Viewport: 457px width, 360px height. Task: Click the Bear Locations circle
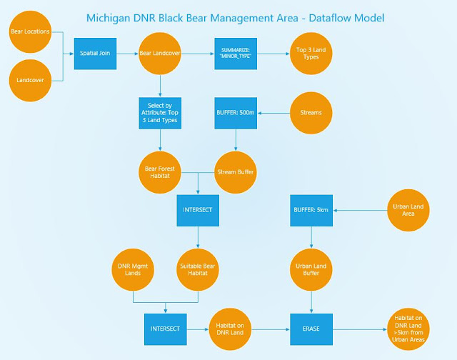point(30,31)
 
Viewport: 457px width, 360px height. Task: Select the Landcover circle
point(30,81)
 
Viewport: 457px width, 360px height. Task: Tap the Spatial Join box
point(95,54)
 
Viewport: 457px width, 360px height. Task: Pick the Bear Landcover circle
point(160,54)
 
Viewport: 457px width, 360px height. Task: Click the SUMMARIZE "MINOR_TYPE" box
point(236,54)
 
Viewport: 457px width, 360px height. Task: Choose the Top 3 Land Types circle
point(311,54)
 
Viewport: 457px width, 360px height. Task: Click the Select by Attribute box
point(160,113)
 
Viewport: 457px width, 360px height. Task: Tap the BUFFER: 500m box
point(236,113)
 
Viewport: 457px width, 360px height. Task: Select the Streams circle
point(311,113)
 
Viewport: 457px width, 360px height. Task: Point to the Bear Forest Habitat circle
point(160,173)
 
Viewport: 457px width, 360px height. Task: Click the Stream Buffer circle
point(236,173)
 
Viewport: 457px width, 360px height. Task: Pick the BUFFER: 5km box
point(311,211)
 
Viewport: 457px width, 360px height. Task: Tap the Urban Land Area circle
point(408,211)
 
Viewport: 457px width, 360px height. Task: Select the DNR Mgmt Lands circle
point(133,269)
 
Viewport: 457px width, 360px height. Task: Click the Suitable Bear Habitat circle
point(198,269)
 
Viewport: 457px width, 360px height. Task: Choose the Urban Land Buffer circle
point(311,269)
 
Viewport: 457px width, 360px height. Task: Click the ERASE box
point(311,329)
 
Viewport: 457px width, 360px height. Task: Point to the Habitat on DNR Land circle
point(230,329)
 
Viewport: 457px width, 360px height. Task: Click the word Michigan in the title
point(108,19)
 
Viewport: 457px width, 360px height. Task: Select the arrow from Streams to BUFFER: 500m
point(273,113)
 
